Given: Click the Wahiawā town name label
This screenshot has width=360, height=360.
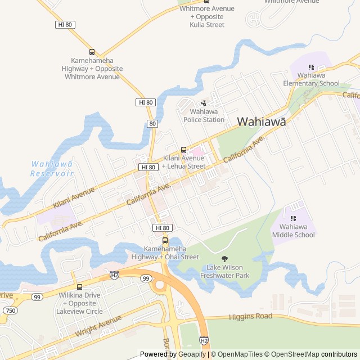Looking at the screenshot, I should (261, 121).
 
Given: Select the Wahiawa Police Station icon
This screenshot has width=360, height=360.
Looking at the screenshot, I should (204, 102).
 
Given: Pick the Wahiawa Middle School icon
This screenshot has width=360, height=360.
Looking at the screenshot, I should (293, 218).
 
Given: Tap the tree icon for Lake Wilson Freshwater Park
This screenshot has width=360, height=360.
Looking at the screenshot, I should (225, 259).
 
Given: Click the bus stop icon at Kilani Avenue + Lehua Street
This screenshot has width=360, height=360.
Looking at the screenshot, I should (183, 150).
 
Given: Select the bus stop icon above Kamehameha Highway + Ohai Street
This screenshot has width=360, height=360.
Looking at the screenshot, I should (165, 240).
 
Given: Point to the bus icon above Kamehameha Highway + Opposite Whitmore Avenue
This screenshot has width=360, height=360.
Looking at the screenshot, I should (93, 52).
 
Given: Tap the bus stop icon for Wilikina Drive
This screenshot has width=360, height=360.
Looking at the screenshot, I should (79, 286).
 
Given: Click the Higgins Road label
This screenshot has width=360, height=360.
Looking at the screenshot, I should (250, 317).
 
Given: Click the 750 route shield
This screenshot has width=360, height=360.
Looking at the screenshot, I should (10, 310).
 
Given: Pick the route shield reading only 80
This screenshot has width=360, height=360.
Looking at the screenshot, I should (152, 123).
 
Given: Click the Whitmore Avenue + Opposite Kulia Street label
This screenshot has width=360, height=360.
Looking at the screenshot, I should (206, 17).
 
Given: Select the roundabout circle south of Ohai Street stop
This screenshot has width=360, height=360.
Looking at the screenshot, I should (159, 285).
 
